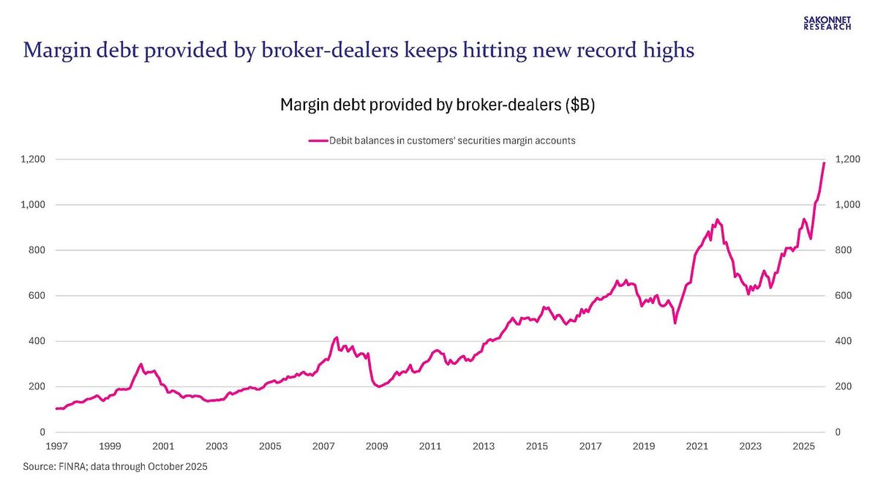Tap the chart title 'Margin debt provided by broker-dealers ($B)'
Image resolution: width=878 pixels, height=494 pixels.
pyautogui.click(x=438, y=105)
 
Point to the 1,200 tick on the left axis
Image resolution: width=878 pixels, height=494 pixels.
pyautogui.click(x=34, y=160)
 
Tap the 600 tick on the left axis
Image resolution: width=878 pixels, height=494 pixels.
pyautogui.click(x=38, y=296)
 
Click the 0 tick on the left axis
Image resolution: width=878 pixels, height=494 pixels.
pyautogui.click(x=43, y=433)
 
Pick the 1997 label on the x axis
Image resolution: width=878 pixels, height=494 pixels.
pyautogui.click(x=56, y=446)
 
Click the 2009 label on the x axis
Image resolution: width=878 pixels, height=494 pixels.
pyautogui.click(x=377, y=446)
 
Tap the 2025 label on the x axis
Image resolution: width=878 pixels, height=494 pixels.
pyautogui.click(x=803, y=446)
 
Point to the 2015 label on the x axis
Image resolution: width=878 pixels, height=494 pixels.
pyautogui.click(x=537, y=446)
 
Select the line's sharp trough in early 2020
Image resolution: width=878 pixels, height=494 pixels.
pyautogui.click(x=675, y=323)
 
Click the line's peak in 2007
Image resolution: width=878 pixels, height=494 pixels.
pyautogui.click(x=336, y=337)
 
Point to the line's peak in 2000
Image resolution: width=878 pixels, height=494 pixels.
pyautogui.click(x=140, y=364)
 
